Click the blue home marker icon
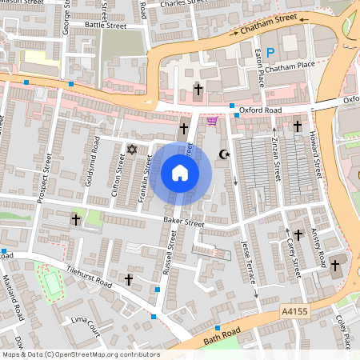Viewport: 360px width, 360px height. (180, 172)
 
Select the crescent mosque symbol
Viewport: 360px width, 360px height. (224, 154)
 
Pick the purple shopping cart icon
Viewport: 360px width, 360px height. (212, 122)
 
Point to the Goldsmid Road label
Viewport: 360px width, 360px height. (92, 160)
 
